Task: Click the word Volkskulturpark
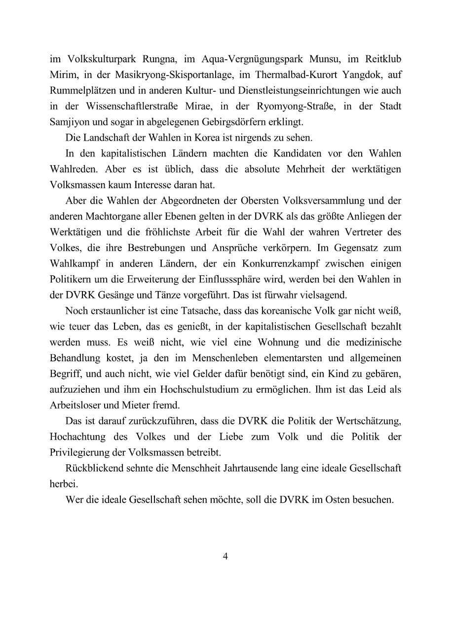click(x=96, y=60)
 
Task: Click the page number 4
click(x=225, y=557)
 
